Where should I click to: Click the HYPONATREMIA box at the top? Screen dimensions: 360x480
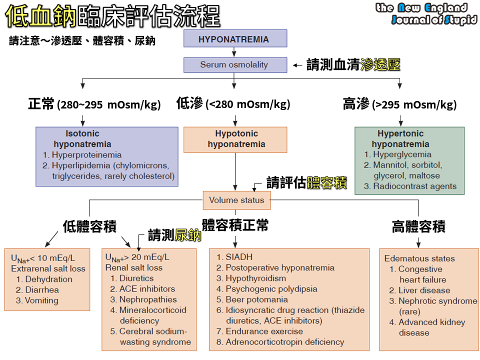click(235, 39)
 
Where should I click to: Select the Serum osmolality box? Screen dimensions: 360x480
click(235, 65)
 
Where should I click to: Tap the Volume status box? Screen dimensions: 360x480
click(236, 200)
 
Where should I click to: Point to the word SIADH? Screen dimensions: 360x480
click(239, 257)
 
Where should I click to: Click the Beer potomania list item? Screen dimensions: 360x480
click(256, 299)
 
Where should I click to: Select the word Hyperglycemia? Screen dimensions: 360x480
click(402, 154)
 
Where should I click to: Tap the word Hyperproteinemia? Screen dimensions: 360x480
click(86, 154)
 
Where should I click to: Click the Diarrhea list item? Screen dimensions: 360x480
click(41, 289)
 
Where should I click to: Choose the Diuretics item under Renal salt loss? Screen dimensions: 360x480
click(136, 278)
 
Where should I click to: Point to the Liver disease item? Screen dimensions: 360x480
click(424, 290)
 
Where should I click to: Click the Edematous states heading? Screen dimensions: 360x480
click(419, 258)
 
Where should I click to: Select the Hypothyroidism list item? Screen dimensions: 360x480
click(255, 278)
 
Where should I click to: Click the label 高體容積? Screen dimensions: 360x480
click(418, 227)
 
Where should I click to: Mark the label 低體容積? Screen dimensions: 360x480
click(89, 226)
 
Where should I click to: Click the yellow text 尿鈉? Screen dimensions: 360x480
click(188, 235)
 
